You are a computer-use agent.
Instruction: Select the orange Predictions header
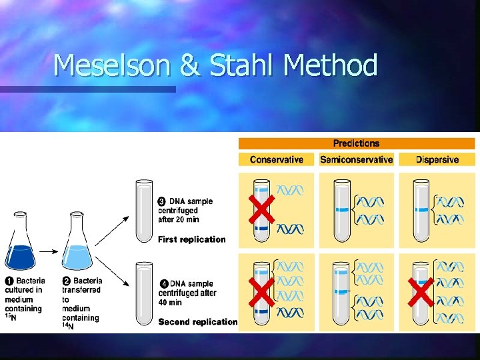click(x=356, y=143)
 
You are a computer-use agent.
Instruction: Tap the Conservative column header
click(x=276, y=159)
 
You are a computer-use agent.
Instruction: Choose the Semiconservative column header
click(x=356, y=159)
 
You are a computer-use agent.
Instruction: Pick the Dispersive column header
click(x=437, y=159)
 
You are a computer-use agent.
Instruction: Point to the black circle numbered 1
click(x=9, y=281)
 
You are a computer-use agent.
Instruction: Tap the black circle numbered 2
click(x=67, y=281)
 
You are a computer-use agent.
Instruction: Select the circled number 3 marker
click(x=162, y=201)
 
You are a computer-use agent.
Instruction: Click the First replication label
click(x=191, y=239)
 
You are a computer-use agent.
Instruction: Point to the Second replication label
click(x=197, y=322)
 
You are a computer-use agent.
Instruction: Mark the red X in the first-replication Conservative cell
click(x=261, y=209)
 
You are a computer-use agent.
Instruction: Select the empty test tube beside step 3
click(x=145, y=211)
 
